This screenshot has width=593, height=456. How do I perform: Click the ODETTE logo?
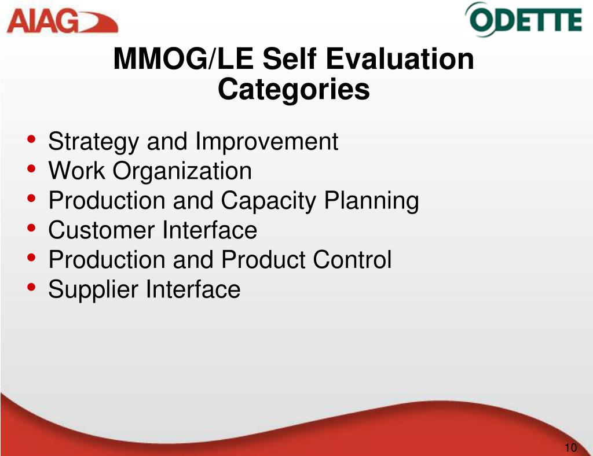pos(524,20)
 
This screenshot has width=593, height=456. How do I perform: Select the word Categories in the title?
pos(294,89)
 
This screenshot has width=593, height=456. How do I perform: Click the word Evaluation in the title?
pos(400,59)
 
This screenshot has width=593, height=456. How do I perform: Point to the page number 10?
pos(570,447)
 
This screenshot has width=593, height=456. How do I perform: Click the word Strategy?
pos(93,142)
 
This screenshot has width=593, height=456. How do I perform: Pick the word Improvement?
pos(266,141)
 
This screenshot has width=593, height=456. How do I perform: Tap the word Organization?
pos(182,171)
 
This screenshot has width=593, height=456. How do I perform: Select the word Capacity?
pos(268,201)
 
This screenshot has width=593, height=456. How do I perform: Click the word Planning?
pos(371,201)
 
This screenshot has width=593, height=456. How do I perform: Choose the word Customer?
pos(101,230)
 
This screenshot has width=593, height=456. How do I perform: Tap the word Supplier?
pos(93,290)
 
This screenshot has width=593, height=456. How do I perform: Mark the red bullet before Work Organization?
pos(31,168)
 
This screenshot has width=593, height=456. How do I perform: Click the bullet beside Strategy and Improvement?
pos(31,139)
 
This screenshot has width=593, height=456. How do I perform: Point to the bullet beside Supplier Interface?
pos(31,287)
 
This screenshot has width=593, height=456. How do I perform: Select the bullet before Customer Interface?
pos(31,227)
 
